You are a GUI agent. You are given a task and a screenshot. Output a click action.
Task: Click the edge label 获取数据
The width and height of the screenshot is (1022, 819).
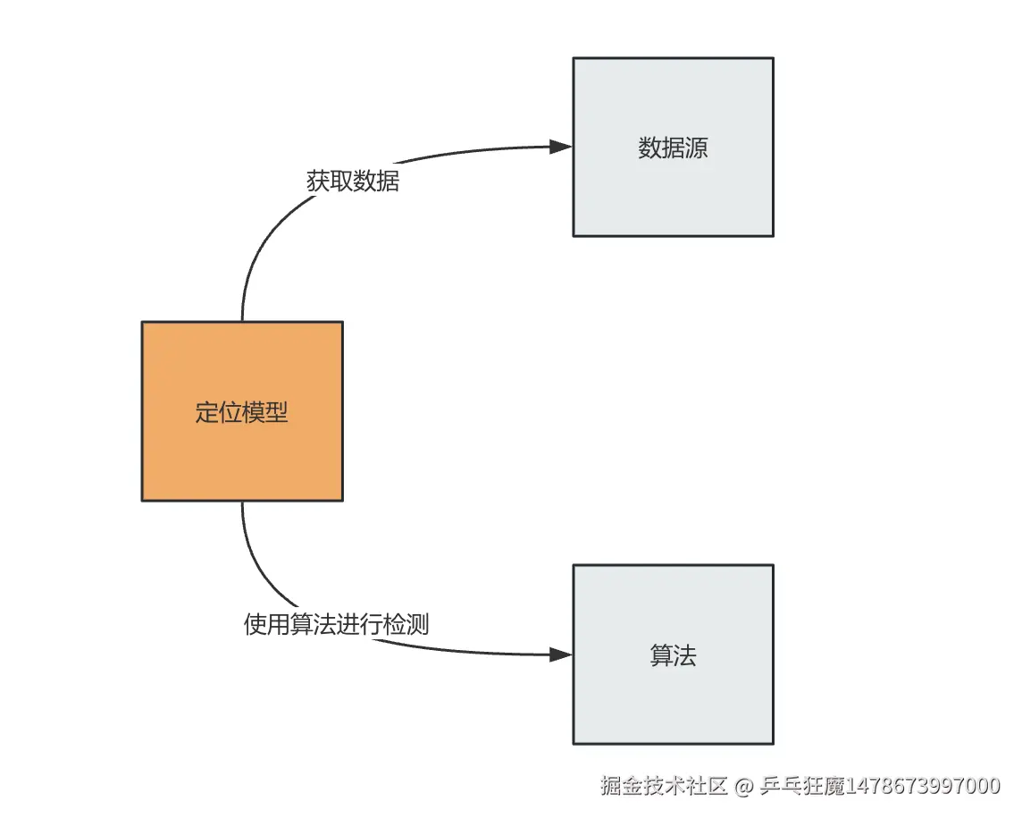pyautogui.click(x=353, y=182)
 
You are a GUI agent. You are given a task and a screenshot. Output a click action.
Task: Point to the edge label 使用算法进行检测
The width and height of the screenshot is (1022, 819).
pyautogui.click(x=336, y=624)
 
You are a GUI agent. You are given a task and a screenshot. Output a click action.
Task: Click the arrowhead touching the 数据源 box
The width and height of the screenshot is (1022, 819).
pyautogui.click(x=561, y=147)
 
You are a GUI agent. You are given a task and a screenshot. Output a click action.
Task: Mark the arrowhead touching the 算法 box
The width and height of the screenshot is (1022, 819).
pyautogui.click(x=561, y=654)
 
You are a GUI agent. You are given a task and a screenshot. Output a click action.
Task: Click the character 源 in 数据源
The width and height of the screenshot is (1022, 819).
pyautogui.click(x=697, y=148)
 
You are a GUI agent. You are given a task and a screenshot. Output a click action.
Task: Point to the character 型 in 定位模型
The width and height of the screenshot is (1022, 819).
pyautogui.click(x=277, y=413)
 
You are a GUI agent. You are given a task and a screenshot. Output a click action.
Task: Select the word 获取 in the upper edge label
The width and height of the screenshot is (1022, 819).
pyautogui.click(x=330, y=182)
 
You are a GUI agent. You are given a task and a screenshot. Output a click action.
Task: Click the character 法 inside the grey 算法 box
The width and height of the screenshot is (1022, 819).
pyautogui.click(x=685, y=656)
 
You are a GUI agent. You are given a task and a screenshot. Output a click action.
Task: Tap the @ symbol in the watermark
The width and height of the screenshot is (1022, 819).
pyautogui.click(x=744, y=787)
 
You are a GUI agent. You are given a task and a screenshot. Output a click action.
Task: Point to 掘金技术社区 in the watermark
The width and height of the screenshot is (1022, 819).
pyautogui.click(x=664, y=787)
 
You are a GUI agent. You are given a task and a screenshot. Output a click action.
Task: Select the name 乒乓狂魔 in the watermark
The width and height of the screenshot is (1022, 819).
pyautogui.click(x=801, y=787)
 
